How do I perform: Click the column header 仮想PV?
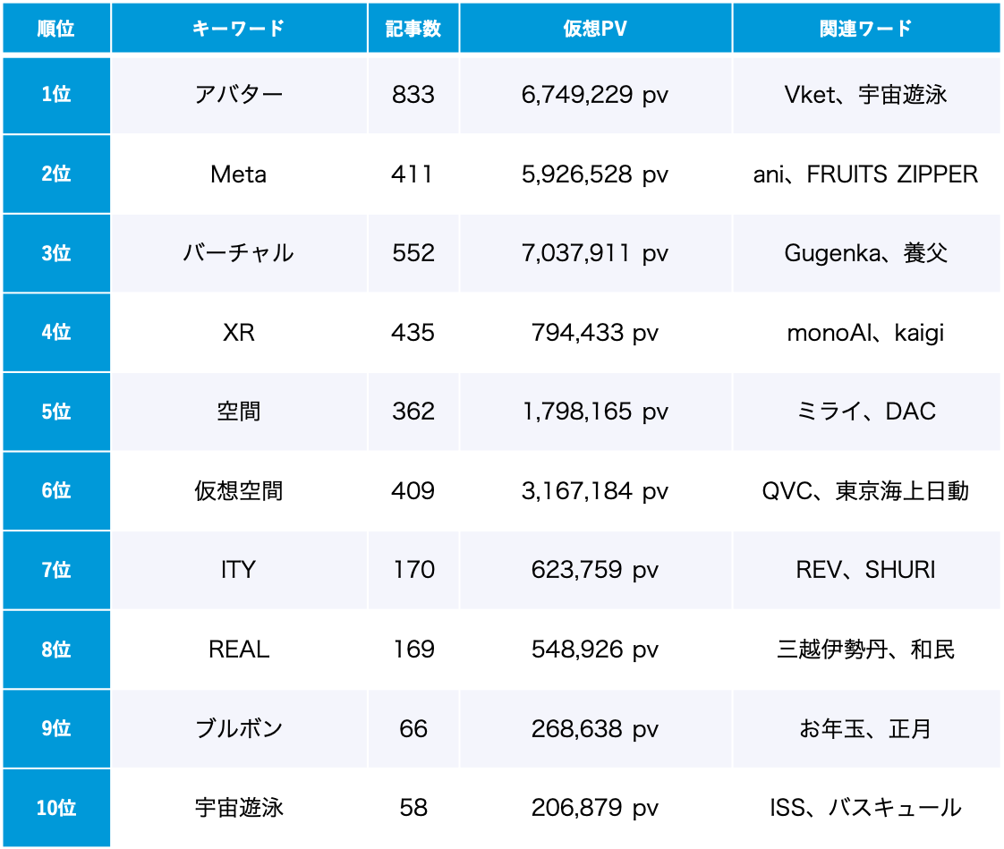click(x=595, y=29)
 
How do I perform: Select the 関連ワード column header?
click(x=865, y=29)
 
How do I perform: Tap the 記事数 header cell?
click(x=413, y=29)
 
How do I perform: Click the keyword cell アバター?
click(x=239, y=95)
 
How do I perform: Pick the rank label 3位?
click(x=56, y=253)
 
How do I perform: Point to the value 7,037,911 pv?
click(x=595, y=253)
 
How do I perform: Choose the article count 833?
click(x=413, y=95)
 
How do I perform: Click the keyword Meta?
click(x=239, y=174)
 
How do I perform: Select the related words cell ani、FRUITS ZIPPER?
click(x=865, y=174)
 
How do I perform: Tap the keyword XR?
click(x=239, y=333)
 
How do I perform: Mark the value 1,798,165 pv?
click(x=595, y=412)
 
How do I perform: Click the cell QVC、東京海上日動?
click(x=865, y=491)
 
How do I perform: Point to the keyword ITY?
click(x=239, y=570)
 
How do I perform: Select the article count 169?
click(x=413, y=649)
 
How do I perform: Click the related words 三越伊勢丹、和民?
click(x=865, y=649)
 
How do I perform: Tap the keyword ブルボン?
click(x=239, y=728)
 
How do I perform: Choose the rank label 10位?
click(x=56, y=808)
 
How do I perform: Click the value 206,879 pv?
click(x=595, y=808)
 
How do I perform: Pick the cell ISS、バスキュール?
click(x=865, y=808)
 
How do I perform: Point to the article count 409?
click(x=413, y=491)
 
